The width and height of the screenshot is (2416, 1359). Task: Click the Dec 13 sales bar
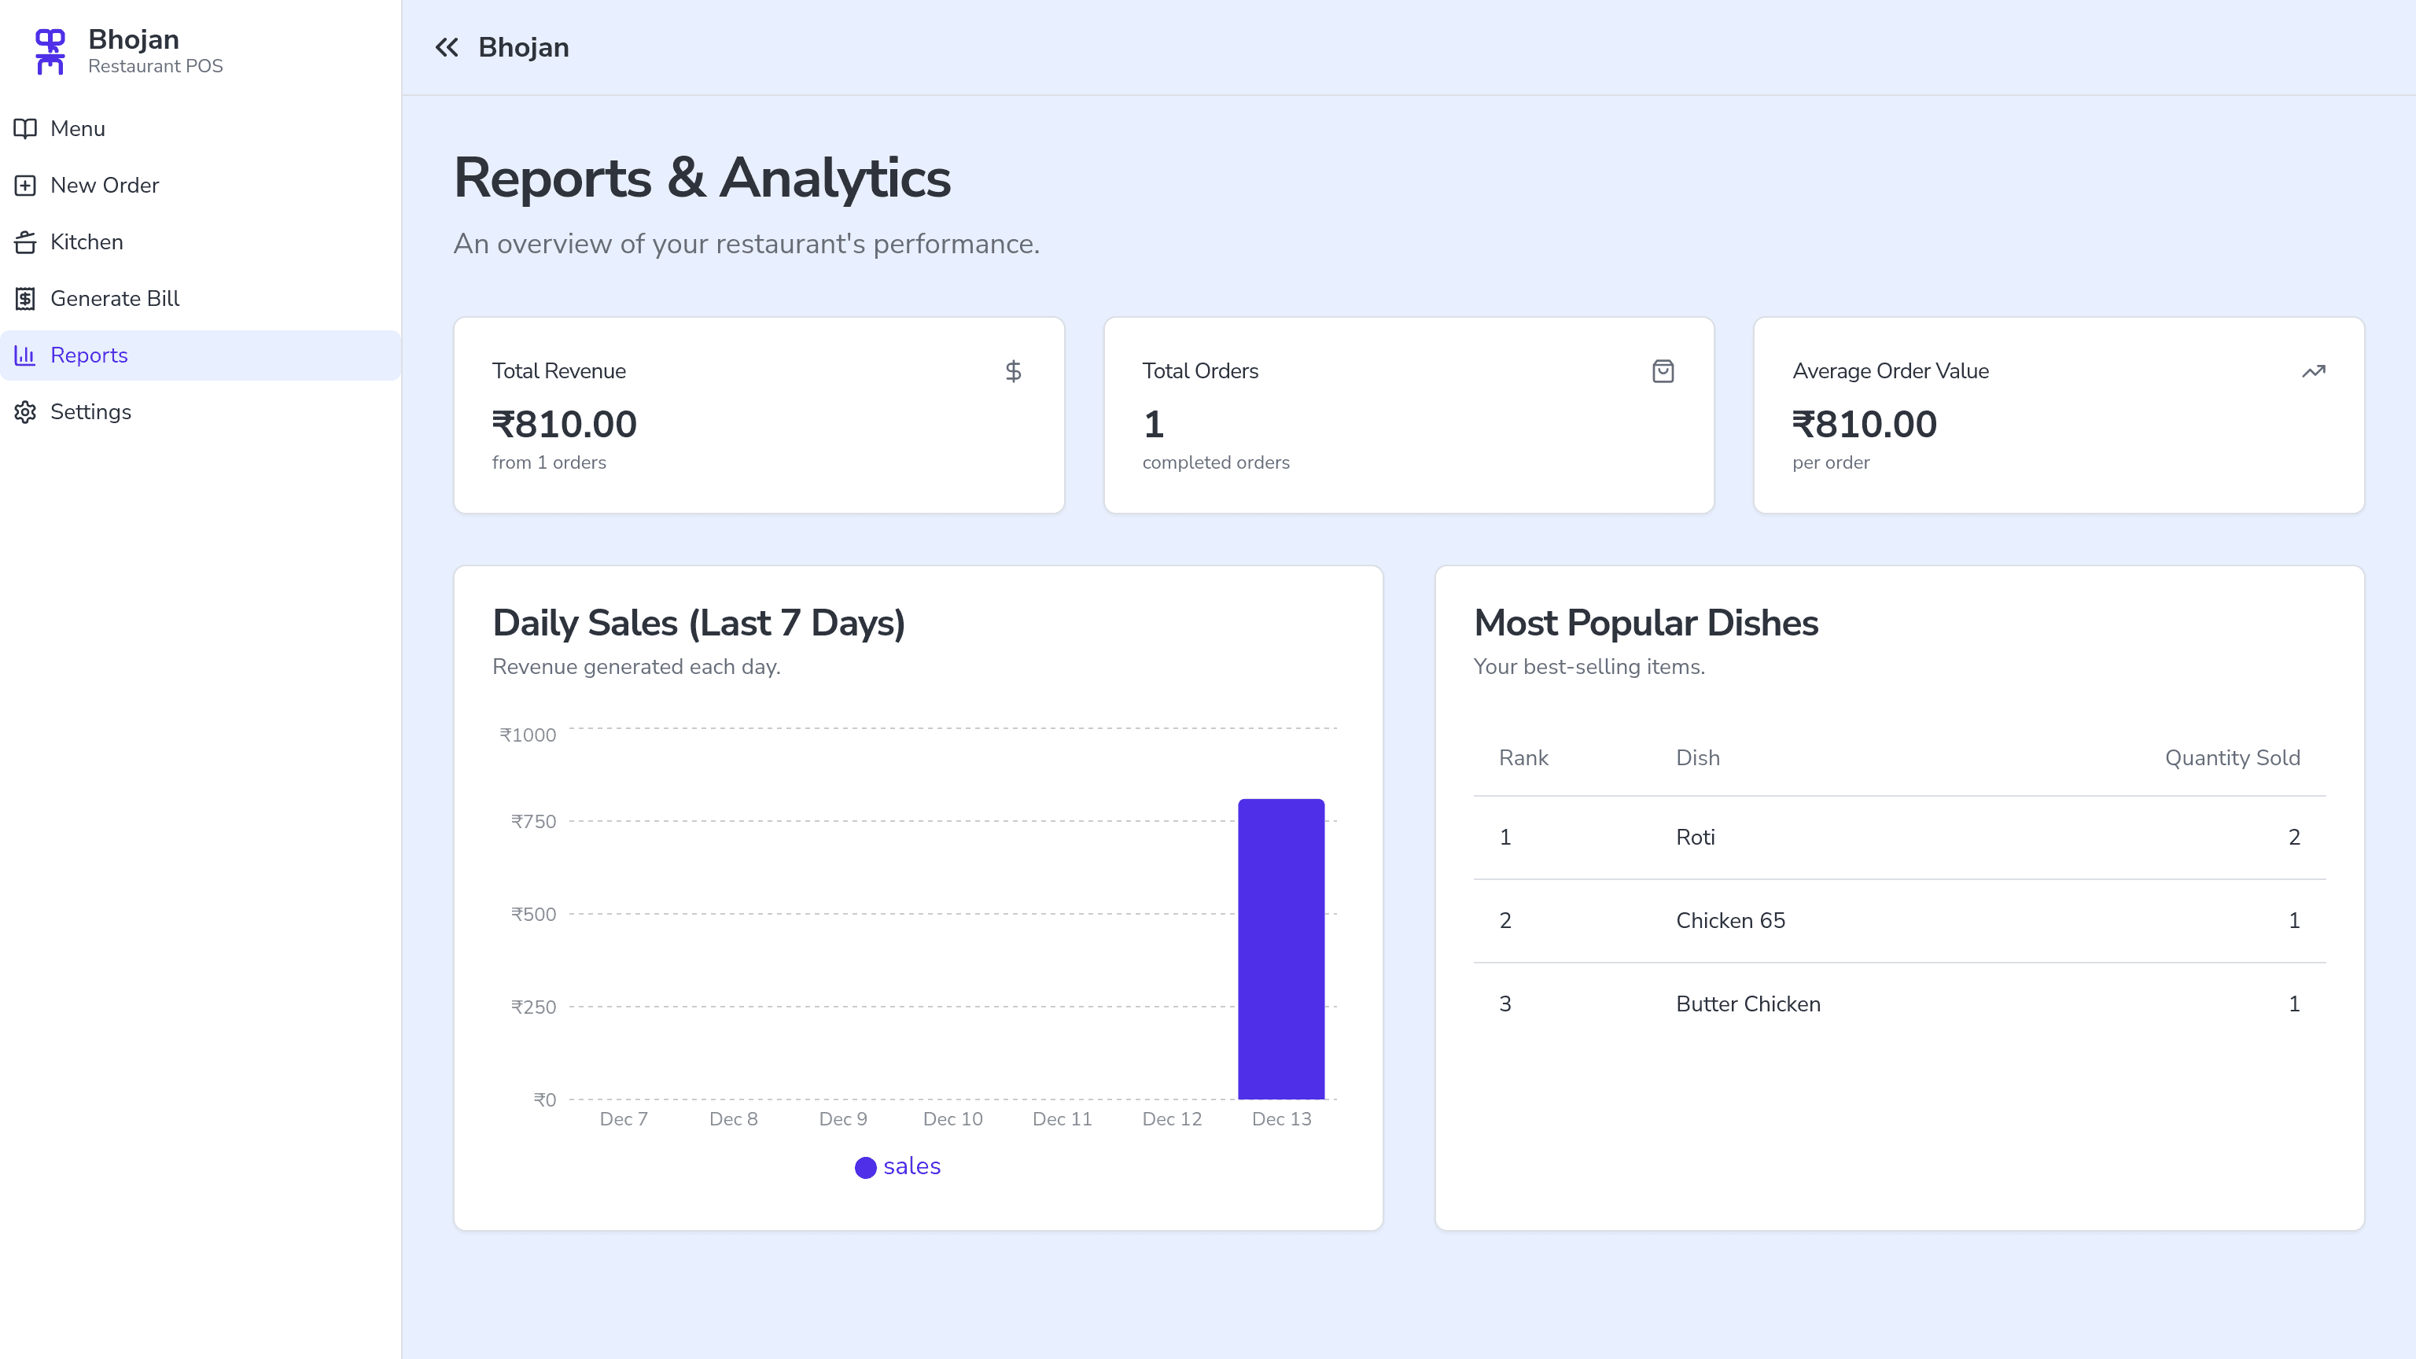click(1281, 948)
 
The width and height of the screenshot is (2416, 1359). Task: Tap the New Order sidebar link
click(104, 186)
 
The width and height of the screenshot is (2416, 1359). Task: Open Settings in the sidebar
click(90, 412)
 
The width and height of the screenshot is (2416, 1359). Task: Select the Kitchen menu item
click(87, 242)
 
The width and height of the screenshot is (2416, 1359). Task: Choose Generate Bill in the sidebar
click(114, 298)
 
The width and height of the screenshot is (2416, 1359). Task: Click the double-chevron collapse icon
click(447, 48)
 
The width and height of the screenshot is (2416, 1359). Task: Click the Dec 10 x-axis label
click(952, 1119)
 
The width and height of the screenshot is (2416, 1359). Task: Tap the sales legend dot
click(865, 1167)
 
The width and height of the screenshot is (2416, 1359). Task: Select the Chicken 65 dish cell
click(1729, 920)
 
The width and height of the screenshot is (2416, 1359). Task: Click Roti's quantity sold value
click(2293, 837)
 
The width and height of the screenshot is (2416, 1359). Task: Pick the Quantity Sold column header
click(2231, 758)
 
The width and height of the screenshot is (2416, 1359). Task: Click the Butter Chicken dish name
click(1748, 1004)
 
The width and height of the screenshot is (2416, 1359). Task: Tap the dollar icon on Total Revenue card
click(1013, 371)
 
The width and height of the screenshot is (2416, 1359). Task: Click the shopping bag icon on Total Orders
click(1662, 371)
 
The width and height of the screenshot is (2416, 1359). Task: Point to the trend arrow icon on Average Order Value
click(2313, 371)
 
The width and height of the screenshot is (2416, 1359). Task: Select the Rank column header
click(1523, 758)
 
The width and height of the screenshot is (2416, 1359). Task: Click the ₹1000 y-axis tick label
click(527, 735)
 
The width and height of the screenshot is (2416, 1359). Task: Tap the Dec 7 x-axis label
click(623, 1119)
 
